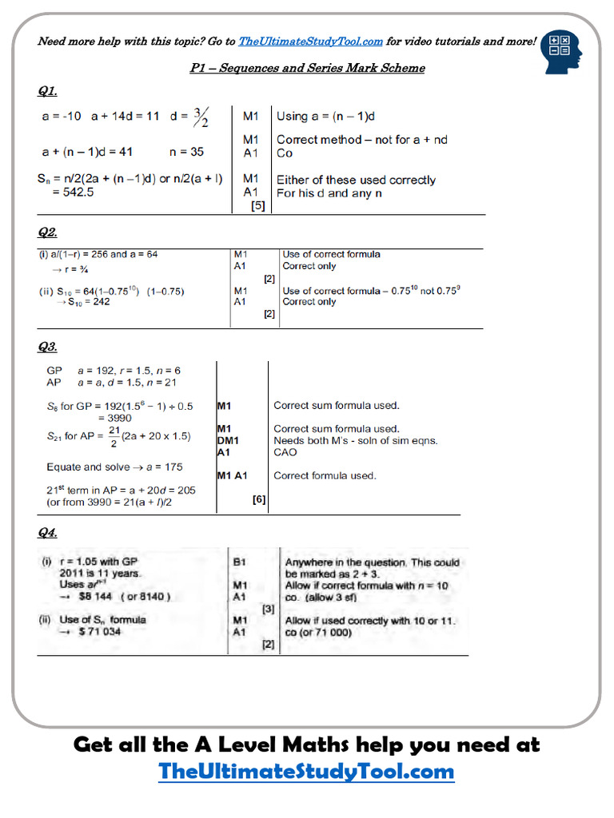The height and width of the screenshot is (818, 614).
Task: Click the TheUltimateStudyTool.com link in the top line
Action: pos(311,42)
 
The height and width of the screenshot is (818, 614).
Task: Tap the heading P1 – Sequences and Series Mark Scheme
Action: pos(307,68)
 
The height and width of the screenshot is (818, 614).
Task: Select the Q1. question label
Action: pos(48,91)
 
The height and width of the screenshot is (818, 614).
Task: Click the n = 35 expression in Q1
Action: pos(186,152)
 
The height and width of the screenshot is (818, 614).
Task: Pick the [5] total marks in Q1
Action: pos(258,205)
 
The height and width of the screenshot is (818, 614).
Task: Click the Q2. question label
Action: pos(48,232)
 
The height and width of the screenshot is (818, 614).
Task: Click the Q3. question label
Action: pos(48,347)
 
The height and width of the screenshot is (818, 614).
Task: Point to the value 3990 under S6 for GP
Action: pos(114,418)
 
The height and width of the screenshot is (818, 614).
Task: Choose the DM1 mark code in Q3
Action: pos(228,440)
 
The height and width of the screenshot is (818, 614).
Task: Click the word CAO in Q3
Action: pos(285,452)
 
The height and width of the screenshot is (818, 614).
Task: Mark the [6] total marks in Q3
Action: pos(259,500)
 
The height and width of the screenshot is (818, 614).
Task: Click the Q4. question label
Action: pos(48,533)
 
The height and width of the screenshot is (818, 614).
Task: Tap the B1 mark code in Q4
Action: pos(239,562)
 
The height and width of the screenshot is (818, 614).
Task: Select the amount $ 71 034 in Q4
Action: pos(100,632)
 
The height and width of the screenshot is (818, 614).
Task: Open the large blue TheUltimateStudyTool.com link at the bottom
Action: pos(307,772)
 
